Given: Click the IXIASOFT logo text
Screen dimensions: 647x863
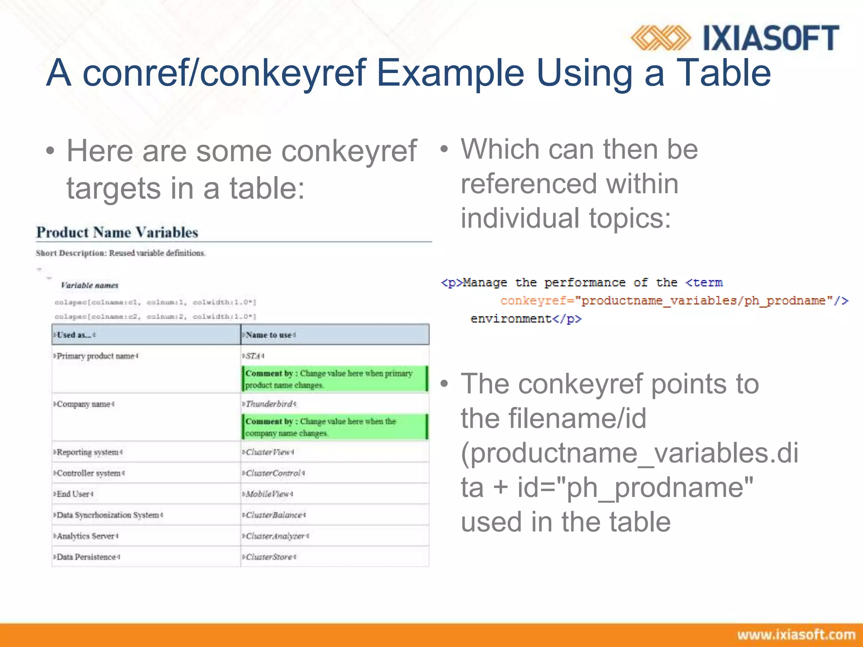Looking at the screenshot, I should tap(771, 38).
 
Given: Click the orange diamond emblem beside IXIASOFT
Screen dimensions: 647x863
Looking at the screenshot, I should tap(660, 38).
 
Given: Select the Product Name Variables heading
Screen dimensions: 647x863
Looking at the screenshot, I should tap(117, 232).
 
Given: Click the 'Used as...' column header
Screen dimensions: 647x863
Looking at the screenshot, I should tap(74, 335).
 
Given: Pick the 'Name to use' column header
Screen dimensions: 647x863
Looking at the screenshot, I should tap(268, 335).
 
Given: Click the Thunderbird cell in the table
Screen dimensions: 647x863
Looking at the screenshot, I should tap(269, 404).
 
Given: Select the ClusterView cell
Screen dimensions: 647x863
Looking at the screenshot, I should tap(268, 452).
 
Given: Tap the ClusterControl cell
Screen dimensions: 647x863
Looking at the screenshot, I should tap(273, 473).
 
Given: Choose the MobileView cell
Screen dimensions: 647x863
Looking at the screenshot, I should tap(268, 494).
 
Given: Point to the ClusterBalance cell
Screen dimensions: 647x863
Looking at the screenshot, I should tap(274, 515).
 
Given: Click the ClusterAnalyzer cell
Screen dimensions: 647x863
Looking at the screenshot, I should tap(275, 536).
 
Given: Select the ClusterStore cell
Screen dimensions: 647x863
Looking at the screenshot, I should tap(269, 557).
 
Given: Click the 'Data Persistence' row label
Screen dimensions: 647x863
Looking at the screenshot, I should tap(86, 557).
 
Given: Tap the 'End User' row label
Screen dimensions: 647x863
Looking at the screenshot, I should tap(73, 494).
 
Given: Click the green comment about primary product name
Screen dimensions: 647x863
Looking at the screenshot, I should tap(335, 379).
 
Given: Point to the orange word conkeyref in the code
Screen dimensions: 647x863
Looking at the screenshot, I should tap(533, 301).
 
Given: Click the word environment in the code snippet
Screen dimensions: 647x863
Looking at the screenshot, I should tap(511, 319).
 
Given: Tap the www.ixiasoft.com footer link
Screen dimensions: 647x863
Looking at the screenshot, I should tap(796, 635).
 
